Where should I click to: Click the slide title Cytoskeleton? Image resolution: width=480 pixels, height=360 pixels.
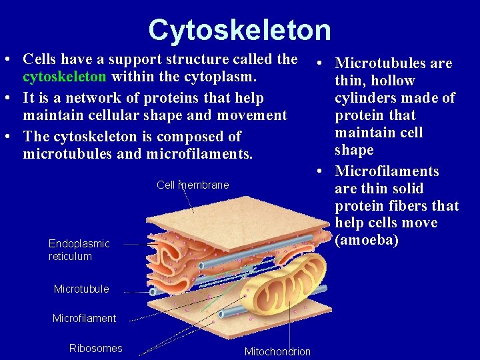click(239, 30)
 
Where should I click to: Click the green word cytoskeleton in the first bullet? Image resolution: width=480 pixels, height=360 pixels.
click(64, 77)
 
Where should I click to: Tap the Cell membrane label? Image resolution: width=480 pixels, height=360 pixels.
click(193, 185)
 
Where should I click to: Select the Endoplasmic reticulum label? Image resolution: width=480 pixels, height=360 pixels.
click(79, 250)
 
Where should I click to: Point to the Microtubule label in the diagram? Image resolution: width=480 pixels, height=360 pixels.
click(81, 289)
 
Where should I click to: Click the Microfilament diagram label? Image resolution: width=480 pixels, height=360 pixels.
click(84, 318)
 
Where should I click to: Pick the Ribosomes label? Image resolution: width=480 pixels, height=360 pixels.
click(96, 348)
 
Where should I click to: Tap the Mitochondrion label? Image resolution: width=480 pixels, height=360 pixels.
click(277, 351)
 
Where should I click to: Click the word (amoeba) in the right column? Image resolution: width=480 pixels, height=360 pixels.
click(367, 240)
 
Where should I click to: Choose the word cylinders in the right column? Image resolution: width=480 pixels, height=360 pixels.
click(366, 98)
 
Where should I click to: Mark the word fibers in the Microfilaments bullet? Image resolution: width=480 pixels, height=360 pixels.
click(407, 205)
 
